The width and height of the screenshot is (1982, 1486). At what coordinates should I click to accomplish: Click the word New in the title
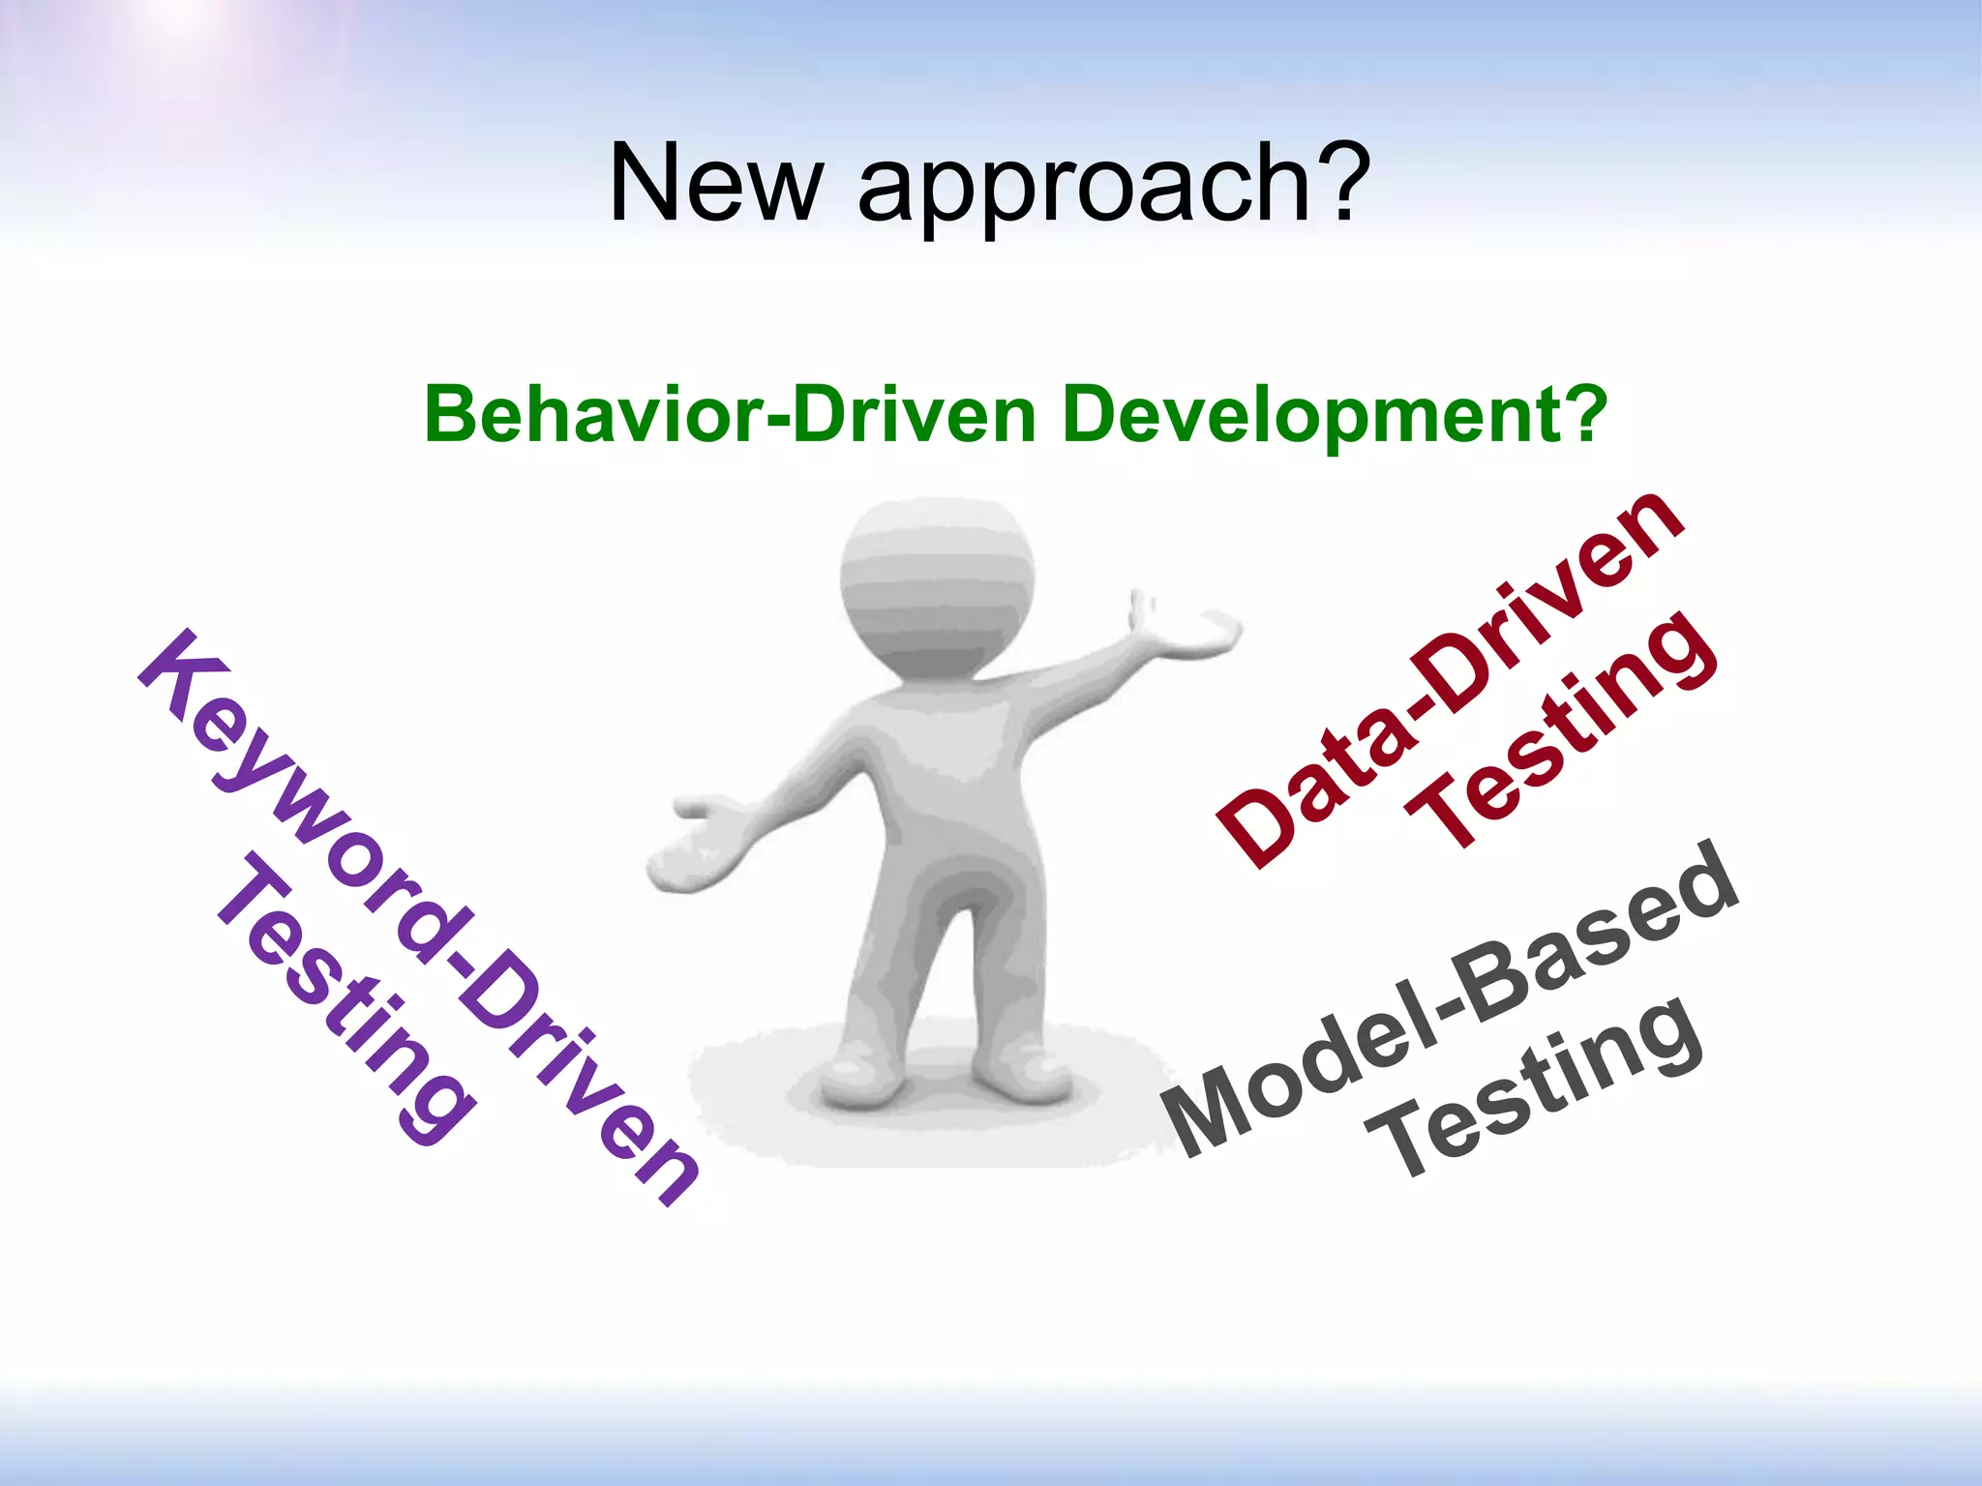(x=714, y=183)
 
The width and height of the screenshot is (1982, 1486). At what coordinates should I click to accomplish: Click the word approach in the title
(x=1079, y=189)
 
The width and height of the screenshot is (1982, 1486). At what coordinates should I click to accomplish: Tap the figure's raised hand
(x=1195, y=634)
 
